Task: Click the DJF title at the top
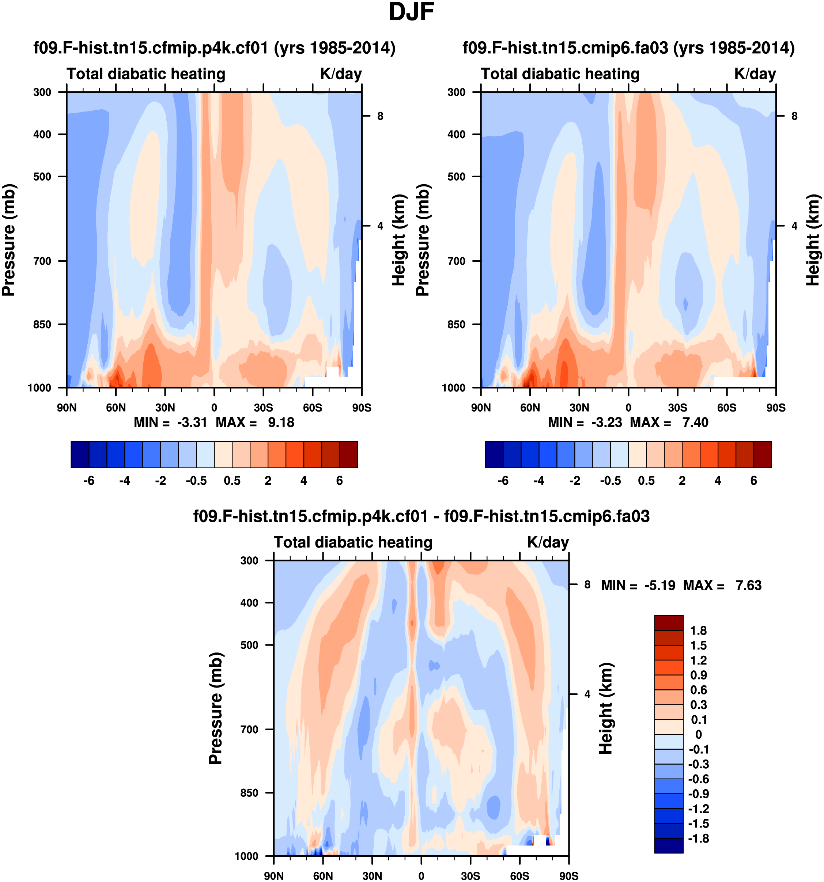411,12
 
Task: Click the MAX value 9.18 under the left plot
281,423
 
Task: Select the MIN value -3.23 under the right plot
606,423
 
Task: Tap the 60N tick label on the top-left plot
116,408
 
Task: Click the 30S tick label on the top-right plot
677,408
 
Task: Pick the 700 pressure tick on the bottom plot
249,729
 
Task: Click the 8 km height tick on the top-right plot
794,116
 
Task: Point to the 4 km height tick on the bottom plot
587,694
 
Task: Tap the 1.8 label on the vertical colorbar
698,631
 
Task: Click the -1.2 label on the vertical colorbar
698,809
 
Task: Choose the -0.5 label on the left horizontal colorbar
196,481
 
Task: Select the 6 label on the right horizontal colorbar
753,481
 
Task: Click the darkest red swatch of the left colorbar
348,454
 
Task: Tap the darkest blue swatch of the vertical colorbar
668,845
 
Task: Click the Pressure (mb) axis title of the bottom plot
215,708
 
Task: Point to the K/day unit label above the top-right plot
755,73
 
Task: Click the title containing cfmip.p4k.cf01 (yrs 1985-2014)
214,48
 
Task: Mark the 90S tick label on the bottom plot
568,876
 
